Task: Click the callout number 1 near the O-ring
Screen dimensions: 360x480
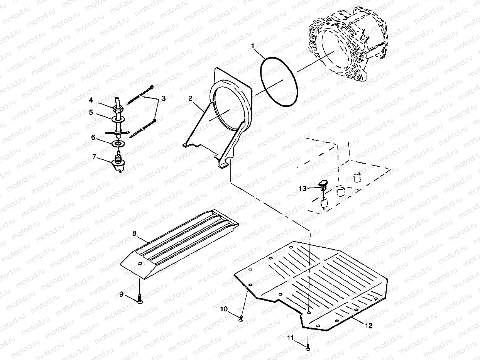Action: (253, 46)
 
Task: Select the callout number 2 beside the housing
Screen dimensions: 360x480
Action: (190, 99)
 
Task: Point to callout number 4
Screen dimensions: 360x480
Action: (91, 100)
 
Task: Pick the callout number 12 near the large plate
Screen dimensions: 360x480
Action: (368, 326)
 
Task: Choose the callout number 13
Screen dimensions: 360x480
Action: (303, 188)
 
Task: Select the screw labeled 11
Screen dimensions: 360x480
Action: (308, 348)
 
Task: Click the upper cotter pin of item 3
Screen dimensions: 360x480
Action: (140, 93)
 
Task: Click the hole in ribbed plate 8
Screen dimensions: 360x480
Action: (140, 264)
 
